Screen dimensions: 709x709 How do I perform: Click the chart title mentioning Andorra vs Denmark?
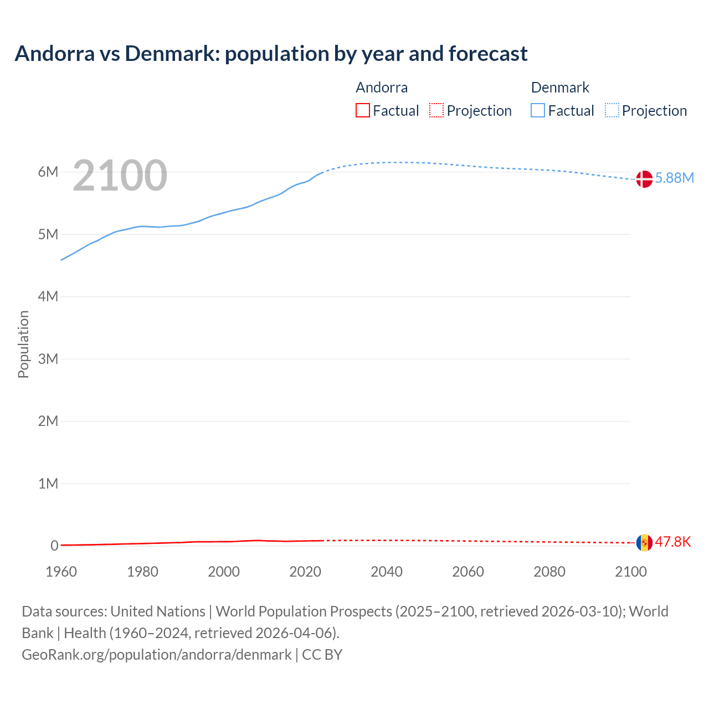coord(271,54)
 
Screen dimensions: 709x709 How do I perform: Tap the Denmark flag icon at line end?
coord(644,179)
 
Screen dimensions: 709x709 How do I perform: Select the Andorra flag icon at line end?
coord(644,542)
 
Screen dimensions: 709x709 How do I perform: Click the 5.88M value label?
coord(674,178)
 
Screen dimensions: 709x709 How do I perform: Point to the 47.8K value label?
coord(673,542)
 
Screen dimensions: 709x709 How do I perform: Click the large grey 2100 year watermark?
coord(120,176)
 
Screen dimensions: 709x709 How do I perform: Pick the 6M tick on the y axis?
coord(48,172)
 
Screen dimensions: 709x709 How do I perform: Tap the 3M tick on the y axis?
coord(48,359)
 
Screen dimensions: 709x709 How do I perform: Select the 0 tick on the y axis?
coord(54,546)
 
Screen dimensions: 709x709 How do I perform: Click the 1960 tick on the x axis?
coord(61,572)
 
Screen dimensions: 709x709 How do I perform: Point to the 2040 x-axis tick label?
coord(387,572)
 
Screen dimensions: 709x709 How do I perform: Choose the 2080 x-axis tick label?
coord(549,572)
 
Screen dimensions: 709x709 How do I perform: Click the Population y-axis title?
coord(23,344)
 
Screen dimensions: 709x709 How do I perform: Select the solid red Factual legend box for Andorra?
coord(362,110)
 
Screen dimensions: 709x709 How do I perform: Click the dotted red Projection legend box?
coord(436,110)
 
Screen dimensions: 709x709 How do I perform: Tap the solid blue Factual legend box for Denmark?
coord(538,110)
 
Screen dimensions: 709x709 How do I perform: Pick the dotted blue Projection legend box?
coord(612,110)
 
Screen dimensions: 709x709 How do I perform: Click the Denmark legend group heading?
coord(560,88)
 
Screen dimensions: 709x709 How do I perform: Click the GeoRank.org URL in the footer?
coord(157,655)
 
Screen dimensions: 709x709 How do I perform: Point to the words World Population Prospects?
coord(304,612)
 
